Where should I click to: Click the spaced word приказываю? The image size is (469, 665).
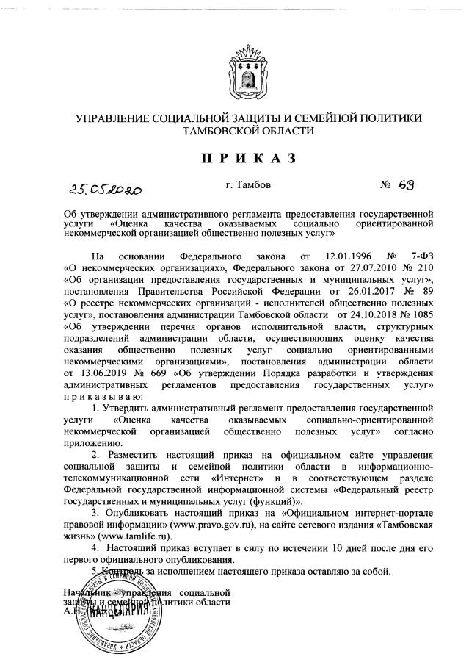109,397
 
